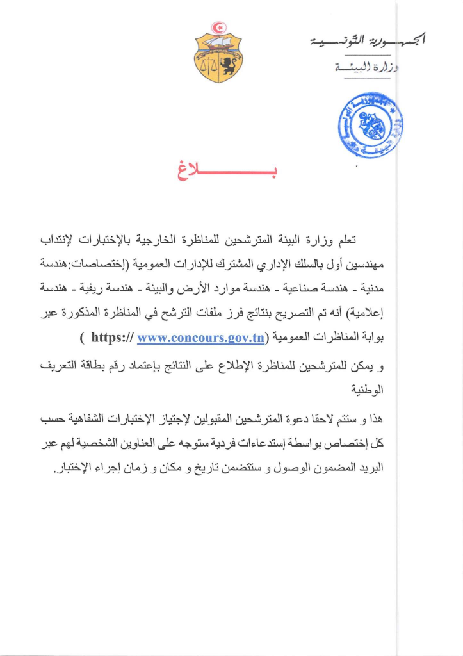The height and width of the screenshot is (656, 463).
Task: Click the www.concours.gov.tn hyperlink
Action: click(200, 338)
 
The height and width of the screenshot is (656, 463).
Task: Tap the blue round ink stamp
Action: click(371, 124)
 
